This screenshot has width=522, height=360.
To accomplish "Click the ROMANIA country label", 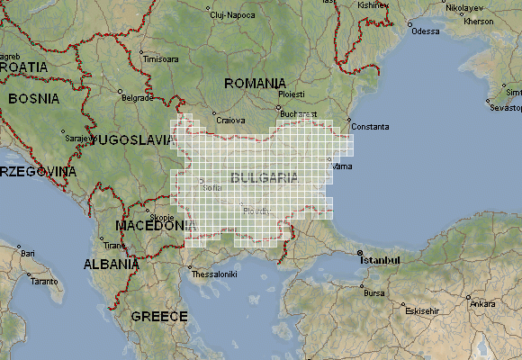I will pyautogui.click(x=255, y=83).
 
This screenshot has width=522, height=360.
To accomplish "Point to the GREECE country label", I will pyautogui.click(x=159, y=316).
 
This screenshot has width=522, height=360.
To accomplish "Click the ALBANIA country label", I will pyautogui.click(x=112, y=265).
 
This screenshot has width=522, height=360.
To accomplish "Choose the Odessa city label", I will pyautogui.click(x=426, y=31).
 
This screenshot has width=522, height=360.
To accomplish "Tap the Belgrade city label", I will pyautogui.click(x=138, y=97).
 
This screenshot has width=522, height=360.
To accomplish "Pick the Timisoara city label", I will pyautogui.click(x=160, y=59).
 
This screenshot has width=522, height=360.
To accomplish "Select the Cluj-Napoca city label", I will pyautogui.click(x=229, y=15).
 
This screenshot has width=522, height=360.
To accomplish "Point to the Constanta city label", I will pyautogui.click(x=370, y=126).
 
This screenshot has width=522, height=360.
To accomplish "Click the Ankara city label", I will pyautogui.click(x=482, y=303).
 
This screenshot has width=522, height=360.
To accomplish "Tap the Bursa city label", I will pyautogui.click(x=374, y=293).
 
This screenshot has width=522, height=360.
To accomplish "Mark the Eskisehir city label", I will pyautogui.click(x=422, y=310).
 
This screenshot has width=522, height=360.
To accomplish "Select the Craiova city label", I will pyautogui.click(x=231, y=120).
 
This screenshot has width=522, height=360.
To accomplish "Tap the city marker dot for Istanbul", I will pyautogui.click(x=359, y=251).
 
